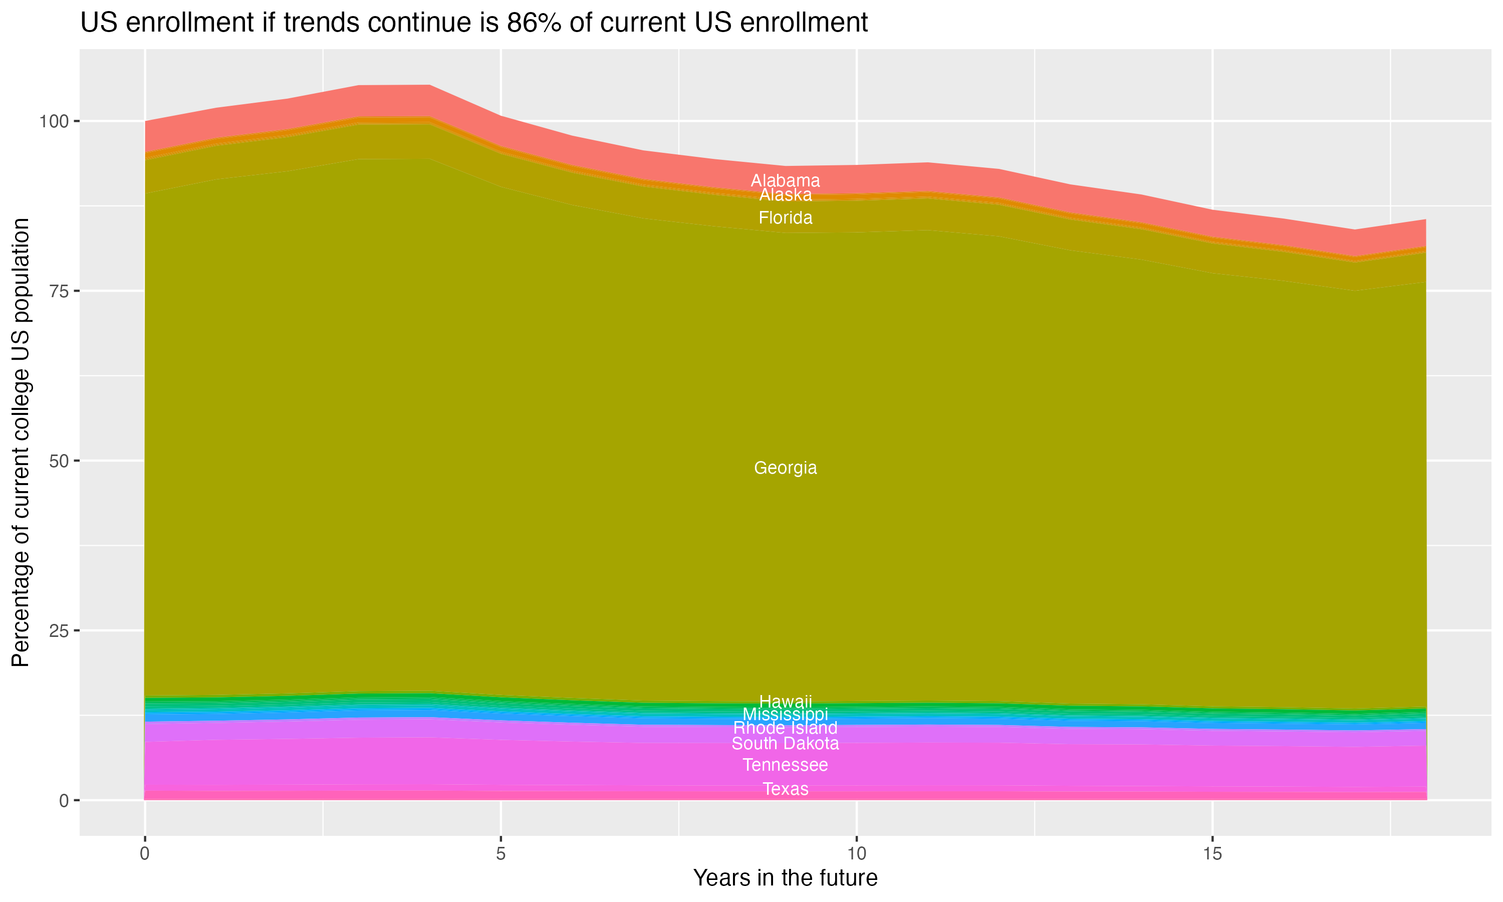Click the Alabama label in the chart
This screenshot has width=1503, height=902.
[x=785, y=180]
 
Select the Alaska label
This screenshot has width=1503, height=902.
[x=785, y=195]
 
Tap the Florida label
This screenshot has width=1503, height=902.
[x=785, y=217]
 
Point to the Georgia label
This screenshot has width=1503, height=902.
[x=785, y=468]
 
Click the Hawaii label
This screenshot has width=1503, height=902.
[x=785, y=701]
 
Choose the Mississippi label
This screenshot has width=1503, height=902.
[x=785, y=714]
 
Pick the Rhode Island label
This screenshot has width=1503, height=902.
[x=785, y=728]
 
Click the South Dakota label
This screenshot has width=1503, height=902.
[x=785, y=743]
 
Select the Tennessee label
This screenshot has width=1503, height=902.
[x=785, y=765]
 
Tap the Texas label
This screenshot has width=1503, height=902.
[x=785, y=789]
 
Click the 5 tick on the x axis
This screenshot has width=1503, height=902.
[x=500, y=854]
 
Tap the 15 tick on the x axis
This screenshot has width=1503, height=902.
[x=1212, y=854]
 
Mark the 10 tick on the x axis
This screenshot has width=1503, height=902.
[x=856, y=854]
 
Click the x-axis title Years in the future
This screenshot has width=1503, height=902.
[x=785, y=877]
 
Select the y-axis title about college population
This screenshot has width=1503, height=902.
[x=21, y=442]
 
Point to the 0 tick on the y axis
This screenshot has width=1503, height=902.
[x=64, y=800]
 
